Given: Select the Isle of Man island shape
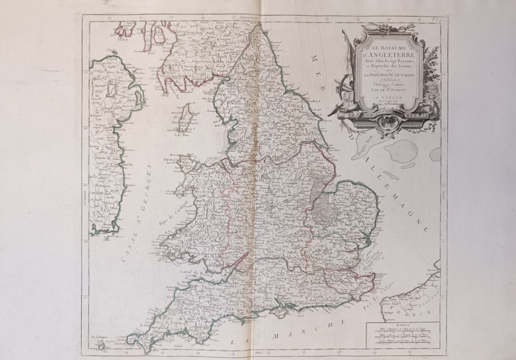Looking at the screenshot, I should (x=185, y=117).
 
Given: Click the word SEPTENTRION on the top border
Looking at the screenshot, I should (x=248, y=19).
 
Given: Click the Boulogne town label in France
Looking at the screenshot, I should (x=389, y=312).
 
